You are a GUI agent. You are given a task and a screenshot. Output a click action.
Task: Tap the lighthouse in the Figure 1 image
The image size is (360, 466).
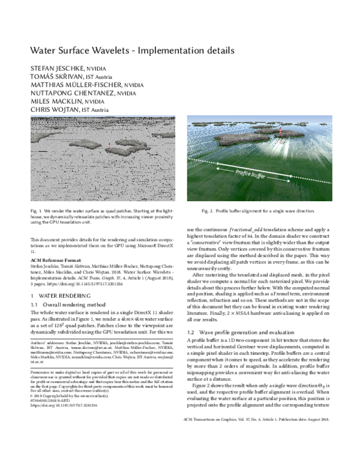click(110, 144)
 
